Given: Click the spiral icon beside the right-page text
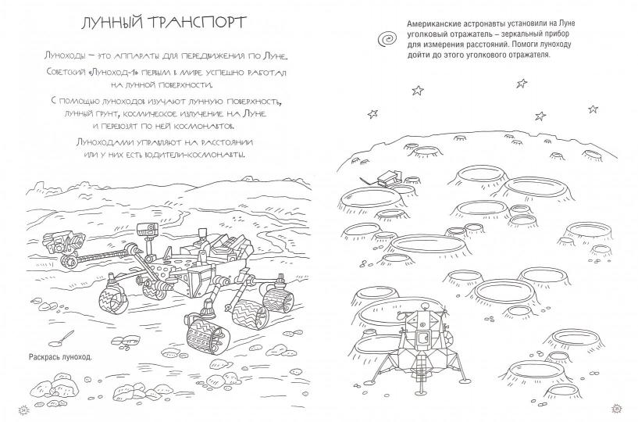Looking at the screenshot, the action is point(387,39).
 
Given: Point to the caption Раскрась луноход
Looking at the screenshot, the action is point(61,357).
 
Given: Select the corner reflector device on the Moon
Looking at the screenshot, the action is point(387,177).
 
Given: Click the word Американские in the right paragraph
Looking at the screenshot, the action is point(431,24).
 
